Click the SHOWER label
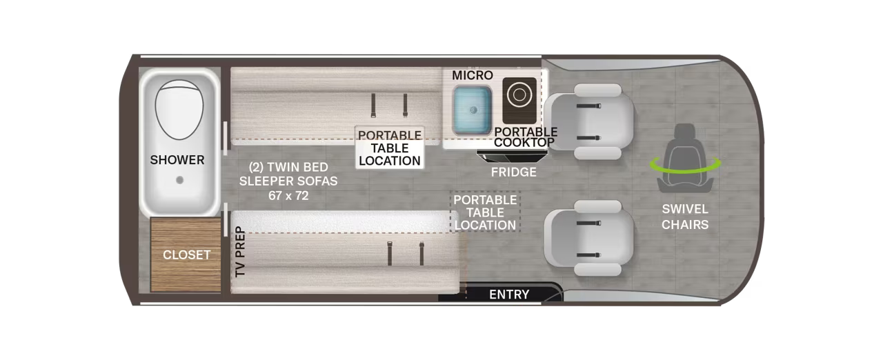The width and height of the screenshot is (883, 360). (177, 160)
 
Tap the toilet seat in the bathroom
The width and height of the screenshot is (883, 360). (179, 110)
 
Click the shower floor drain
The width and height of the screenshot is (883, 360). (180, 180)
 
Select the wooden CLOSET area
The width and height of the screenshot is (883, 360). (186, 255)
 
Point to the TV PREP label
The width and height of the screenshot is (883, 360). (240, 252)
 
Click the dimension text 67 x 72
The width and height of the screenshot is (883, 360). (288, 195)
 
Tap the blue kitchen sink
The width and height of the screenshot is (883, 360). (473, 110)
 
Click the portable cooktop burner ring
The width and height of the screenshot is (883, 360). (519, 95)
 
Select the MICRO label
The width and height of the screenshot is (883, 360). (473, 75)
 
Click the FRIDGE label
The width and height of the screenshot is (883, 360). (514, 172)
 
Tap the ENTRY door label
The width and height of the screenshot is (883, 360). (509, 294)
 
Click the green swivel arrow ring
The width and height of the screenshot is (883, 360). (686, 166)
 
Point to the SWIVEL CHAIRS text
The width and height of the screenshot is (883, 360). (685, 217)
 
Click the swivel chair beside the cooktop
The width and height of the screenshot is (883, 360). (589, 121)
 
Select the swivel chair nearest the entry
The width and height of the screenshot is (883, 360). (588, 238)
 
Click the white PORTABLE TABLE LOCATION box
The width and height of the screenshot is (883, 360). (390, 148)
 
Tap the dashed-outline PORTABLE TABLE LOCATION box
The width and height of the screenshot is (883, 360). (485, 212)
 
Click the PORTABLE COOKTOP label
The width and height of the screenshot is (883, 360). (526, 137)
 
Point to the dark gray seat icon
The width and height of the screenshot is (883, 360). (685, 158)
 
